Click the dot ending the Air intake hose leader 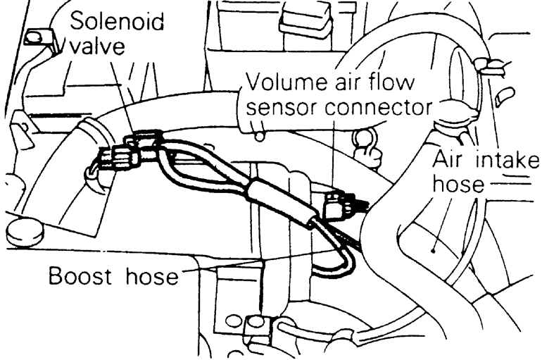pyautogui.click(x=436, y=247)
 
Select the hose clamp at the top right pyautogui.click(x=492, y=67)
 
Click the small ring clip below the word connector pyautogui.click(x=365, y=149)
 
